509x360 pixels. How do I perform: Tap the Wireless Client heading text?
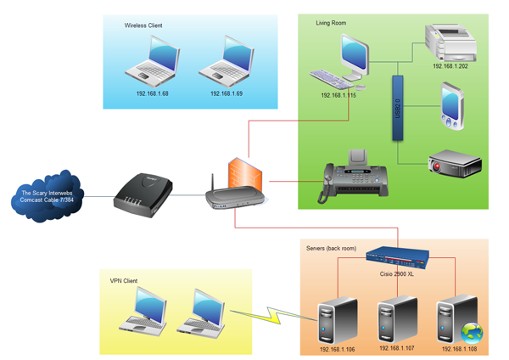[x=143, y=26]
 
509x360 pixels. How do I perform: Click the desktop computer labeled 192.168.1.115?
[x=344, y=64]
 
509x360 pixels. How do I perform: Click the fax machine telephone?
[x=351, y=175]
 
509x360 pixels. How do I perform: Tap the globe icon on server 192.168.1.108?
[x=470, y=330]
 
